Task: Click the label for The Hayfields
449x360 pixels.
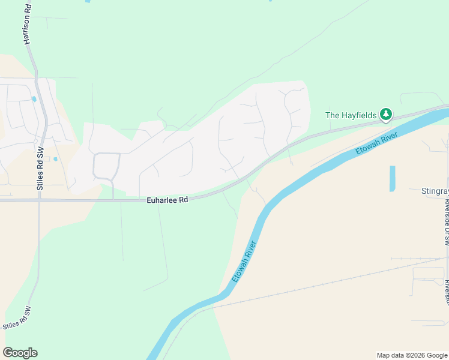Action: (351, 115)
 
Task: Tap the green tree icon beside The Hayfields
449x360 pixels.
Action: (386, 114)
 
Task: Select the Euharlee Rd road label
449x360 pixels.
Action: (168, 200)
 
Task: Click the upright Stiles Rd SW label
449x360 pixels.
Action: (41, 171)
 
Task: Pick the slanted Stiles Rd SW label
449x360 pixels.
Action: (16, 319)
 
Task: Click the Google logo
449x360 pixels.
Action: (20, 353)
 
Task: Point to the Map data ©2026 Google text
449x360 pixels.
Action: (412, 355)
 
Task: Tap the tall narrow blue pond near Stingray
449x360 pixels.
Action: (393, 179)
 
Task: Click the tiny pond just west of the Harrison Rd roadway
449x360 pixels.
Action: (34, 99)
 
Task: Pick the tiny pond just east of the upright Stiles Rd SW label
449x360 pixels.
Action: (55, 159)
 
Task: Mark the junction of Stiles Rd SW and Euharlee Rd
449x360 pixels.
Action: (39, 200)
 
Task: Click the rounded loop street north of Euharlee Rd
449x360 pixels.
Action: (106, 166)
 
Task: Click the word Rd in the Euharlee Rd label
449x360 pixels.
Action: (182, 200)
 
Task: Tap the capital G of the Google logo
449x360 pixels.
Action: (8, 353)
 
